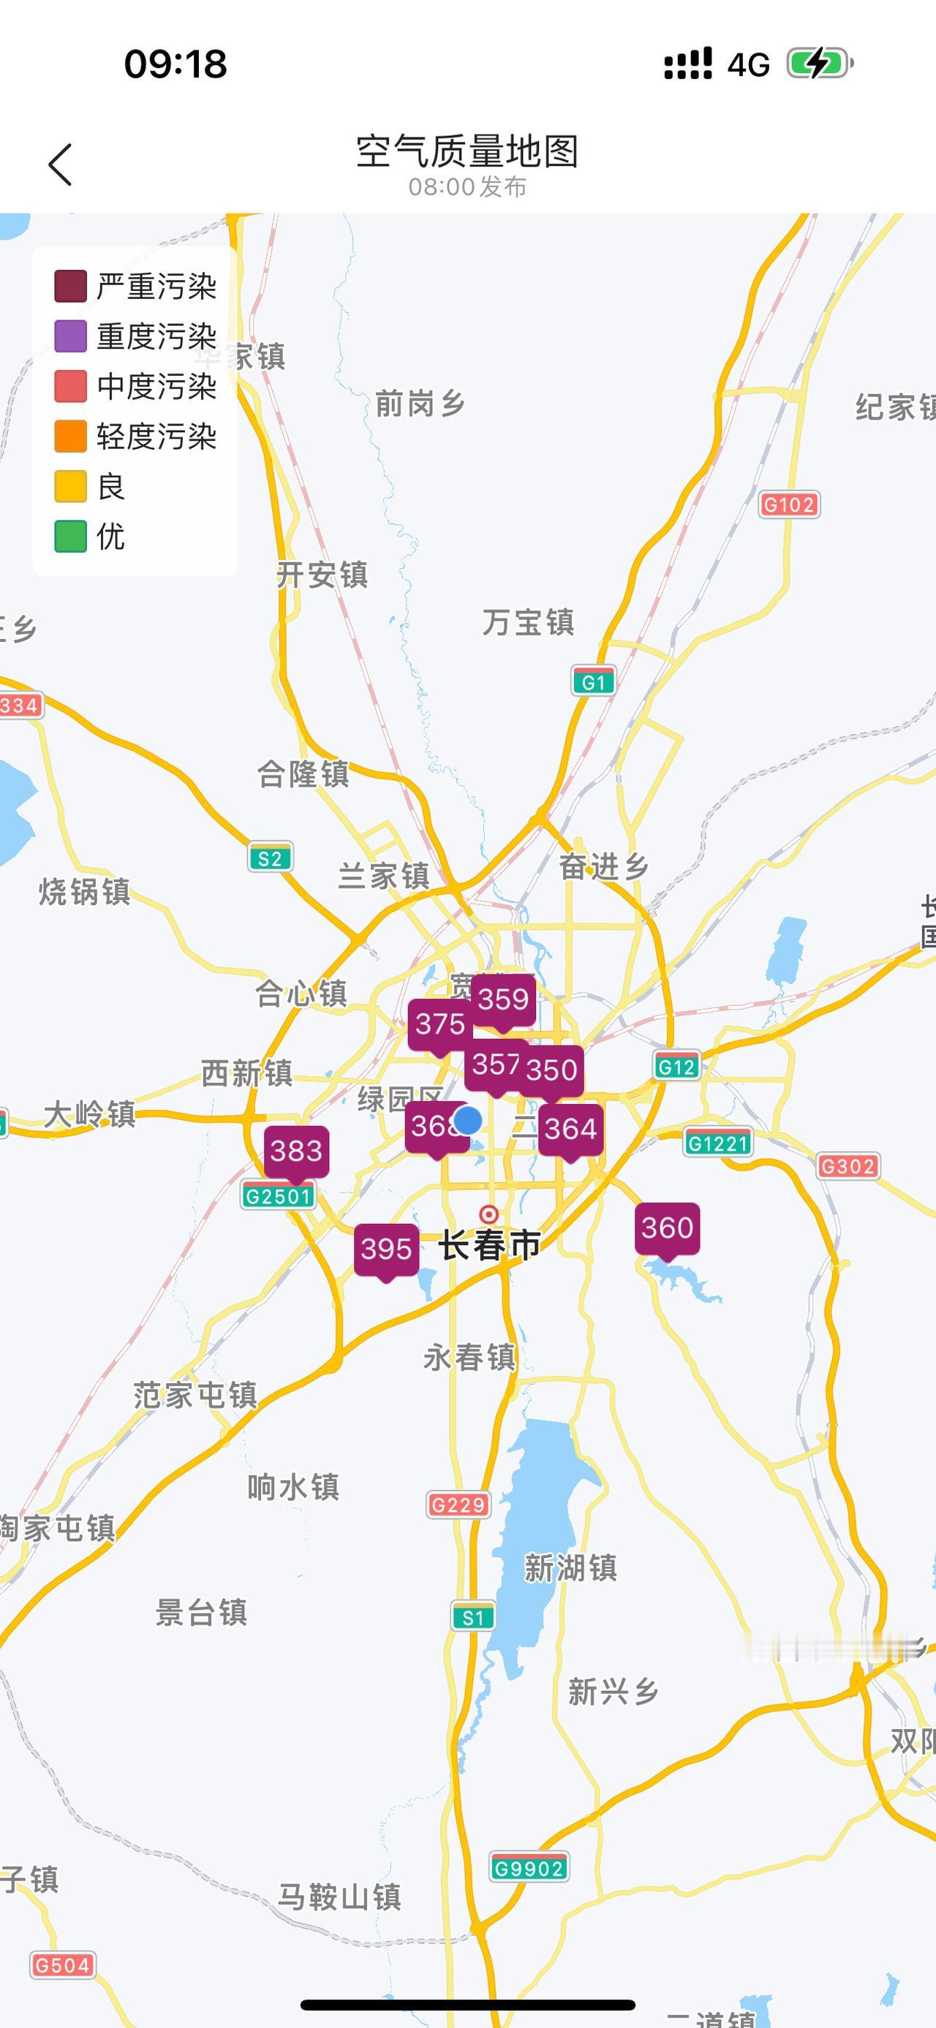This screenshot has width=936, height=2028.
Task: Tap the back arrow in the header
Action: click(60, 164)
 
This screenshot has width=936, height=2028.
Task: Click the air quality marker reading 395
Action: click(386, 1249)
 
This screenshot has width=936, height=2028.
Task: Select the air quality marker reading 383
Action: click(296, 1151)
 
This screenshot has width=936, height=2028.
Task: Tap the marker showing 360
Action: click(667, 1228)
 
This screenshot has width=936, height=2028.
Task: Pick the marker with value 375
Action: click(439, 1024)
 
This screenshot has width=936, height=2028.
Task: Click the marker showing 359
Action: click(503, 1000)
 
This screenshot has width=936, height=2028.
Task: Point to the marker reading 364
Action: click(570, 1130)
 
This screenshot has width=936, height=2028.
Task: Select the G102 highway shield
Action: click(789, 504)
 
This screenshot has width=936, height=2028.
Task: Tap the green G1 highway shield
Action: click(593, 682)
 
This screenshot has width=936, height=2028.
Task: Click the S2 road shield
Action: click(270, 859)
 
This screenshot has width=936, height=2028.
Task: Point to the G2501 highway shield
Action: click(278, 1197)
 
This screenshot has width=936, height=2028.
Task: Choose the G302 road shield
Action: click(847, 1166)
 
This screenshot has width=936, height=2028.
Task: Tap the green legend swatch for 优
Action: click(70, 537)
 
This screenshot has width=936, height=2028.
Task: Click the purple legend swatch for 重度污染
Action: click(70, 336)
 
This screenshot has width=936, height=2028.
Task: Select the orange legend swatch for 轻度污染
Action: click(70, 437)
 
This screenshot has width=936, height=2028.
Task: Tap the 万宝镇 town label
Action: click(528, 623)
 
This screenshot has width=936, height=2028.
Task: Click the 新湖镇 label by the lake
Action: click(570, 1568)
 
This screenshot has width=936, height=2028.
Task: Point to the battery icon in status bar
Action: click(820, 64)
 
